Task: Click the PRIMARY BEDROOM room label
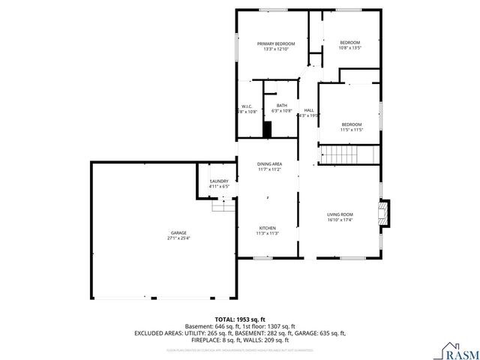pos(276,43)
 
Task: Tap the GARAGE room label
pos(177,232)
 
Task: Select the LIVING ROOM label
pos(340,214)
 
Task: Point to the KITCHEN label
pos(268,227)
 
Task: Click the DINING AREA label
pos(269,163)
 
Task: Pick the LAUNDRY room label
pos(218,181)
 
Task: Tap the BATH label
pos(282,105)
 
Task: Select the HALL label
pos(308,109)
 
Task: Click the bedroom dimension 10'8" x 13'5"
pos(350,48)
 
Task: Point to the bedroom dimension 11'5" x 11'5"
pos(351,130)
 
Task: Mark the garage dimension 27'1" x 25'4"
pos(178,238)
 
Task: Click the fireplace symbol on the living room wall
pos(384,212)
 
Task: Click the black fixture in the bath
pos(266,129)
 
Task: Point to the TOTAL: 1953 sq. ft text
pos(239,319)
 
